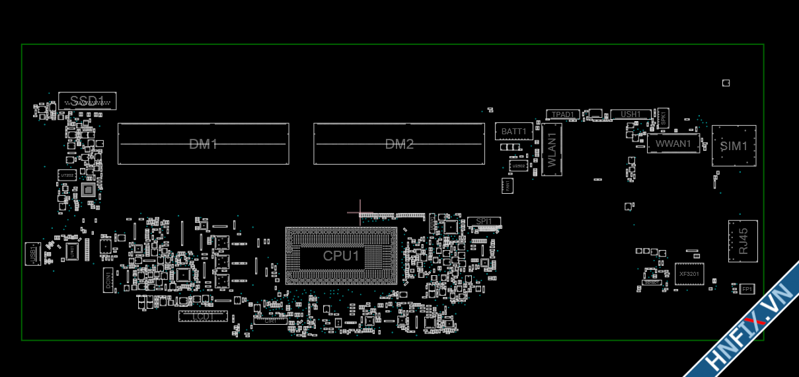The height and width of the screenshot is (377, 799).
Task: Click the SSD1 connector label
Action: pos(87,101)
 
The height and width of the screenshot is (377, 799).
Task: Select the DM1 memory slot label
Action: pos(203,144)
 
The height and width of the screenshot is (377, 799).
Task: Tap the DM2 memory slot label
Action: pos(399,144)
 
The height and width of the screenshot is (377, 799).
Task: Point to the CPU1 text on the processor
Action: pos(341,256)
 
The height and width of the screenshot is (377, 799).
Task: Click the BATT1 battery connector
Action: pos(514,131)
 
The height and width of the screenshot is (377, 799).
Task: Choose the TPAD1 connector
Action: pos(563,114)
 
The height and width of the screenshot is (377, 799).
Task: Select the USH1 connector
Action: pos(630,114)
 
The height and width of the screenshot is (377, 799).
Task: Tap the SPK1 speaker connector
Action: pos(663,118)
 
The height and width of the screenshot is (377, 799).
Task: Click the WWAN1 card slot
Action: pos(673,143)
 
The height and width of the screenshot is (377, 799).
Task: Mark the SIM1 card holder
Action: pos(734,146)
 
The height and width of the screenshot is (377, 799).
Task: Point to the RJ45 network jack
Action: pos(743,241)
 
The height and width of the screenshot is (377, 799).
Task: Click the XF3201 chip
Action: pos(689,273)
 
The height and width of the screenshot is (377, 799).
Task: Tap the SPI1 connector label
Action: pos(484,221)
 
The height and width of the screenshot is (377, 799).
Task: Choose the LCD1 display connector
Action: pos(203,317)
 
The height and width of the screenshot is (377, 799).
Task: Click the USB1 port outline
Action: pos(31,254)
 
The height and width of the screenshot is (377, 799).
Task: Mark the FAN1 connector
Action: pos(508,185)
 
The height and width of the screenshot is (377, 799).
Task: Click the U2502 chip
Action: pos(519,165)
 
